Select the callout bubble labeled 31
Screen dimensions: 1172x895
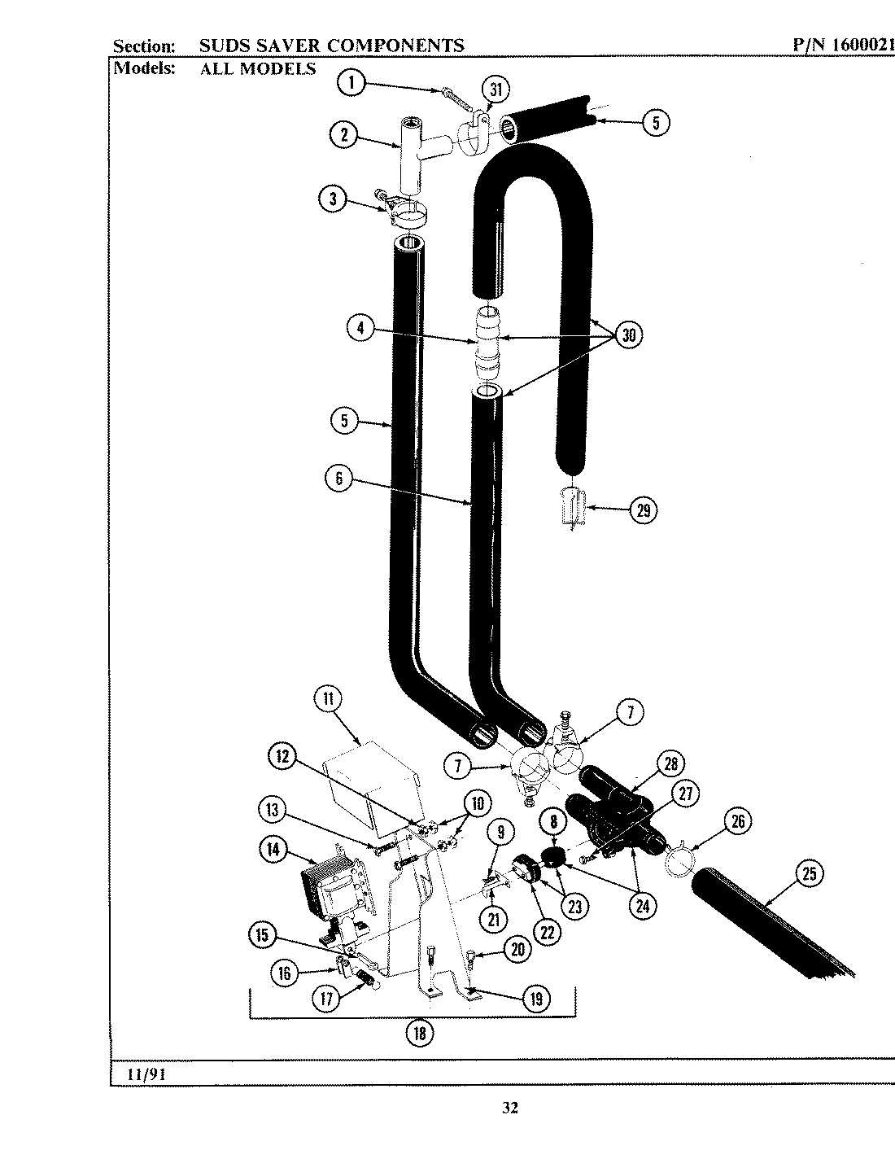coord(496,90)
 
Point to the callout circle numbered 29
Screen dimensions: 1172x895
coord(643,510)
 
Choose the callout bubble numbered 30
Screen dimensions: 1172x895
coord(628,335)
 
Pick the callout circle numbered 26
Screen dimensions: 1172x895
coord(737,822)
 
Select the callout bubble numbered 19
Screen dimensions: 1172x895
coord(535,998)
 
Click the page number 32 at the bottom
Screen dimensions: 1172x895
coord(510,1107)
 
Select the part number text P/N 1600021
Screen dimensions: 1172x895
coord(843,46)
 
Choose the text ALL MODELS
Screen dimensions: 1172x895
coord(258,68)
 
